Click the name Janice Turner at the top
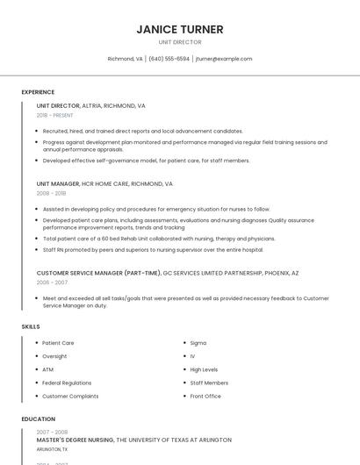tap(180, 29)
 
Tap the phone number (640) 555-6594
tap(169, 59)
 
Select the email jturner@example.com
tap(224, 59)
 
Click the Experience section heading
tap(38, 92)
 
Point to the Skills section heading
tap(31, 326)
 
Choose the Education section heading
tap(39, 419)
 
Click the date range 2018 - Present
tap(54, 115)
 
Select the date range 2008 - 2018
tap(51, 193)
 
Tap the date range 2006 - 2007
tap(52, 283)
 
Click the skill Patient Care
tap(58, 343)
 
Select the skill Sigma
tap(198, 343)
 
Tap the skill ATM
tap(47, 369)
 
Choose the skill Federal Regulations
tap(67, 383)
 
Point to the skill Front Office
tap(205, 396)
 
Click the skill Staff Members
tap(209, 383)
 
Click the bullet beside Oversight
tap(36, 356)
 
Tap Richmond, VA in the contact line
tap(125, 59)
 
